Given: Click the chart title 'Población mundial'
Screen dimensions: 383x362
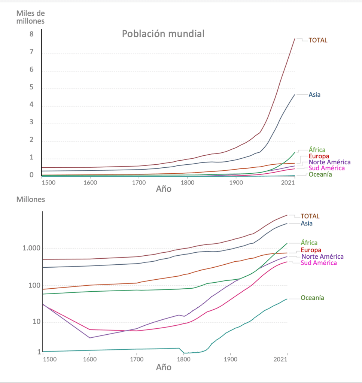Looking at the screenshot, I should tap(163, 34).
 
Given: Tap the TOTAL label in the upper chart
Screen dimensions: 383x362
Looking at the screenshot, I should tap(318, 40).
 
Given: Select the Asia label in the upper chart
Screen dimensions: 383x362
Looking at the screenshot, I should tap(314, 95).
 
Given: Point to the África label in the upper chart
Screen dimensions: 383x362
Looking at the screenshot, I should tap(317, 150).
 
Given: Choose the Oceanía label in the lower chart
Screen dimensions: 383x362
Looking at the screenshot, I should tap(312, 298).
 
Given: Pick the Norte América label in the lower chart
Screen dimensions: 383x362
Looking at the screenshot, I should tap(322, 256).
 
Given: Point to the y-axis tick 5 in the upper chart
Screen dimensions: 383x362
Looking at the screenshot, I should tap(32, 87).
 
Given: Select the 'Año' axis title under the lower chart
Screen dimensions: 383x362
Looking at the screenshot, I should tap(163, 367).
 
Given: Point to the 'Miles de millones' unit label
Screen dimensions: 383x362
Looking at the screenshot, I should tap(30, 17).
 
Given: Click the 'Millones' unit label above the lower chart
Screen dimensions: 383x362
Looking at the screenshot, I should tap(30, 200).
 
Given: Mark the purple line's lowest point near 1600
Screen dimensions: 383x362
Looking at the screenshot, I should tap(90, 338).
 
